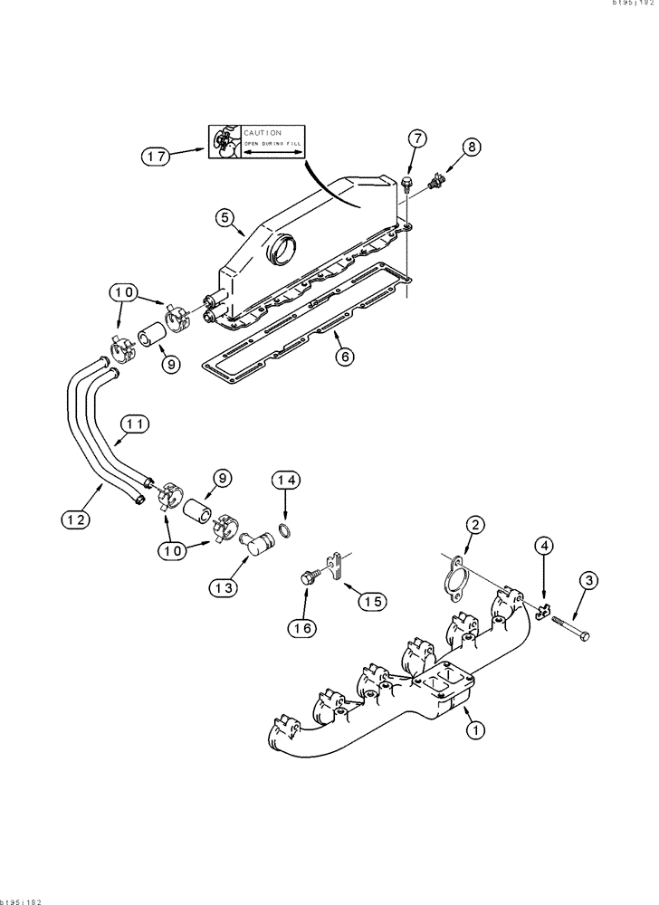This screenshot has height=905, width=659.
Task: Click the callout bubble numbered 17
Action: coord(156,156)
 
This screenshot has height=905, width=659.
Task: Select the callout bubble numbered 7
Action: coord(416,138)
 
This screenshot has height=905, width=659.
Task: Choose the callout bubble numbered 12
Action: coord(76,519)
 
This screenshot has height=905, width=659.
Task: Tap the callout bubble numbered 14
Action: coord(287,481)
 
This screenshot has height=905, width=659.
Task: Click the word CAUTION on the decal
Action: coord(263,132)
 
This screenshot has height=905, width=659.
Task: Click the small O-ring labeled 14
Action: coord(284,529)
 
